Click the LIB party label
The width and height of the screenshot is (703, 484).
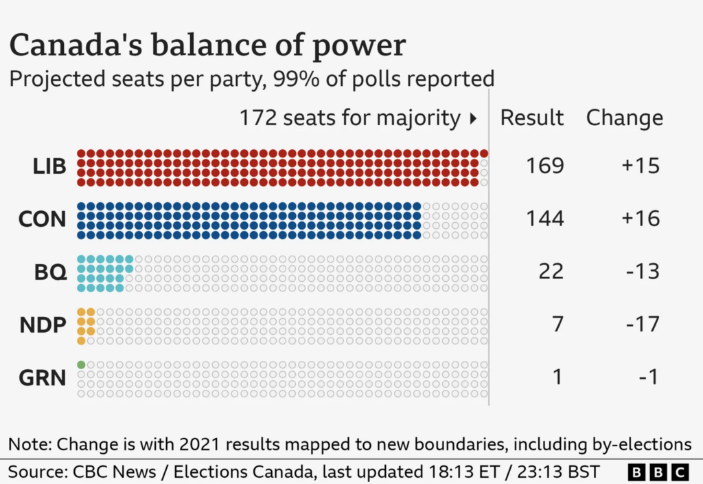[x=49, y=166]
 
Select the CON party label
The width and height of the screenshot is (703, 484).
[x=43, y=219]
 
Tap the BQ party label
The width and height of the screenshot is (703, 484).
[x=50, y=272]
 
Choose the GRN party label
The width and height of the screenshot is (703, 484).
[x=43, y=377]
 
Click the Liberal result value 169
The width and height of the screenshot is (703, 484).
[x=545, y=166]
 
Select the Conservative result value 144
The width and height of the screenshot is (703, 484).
[x=545, y=219]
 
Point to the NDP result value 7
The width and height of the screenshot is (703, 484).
[x=557, y=324]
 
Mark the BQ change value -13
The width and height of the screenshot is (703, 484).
[x=642, y=272]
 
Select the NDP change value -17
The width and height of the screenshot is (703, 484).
[x=642, y=324]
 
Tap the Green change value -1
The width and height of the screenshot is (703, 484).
[x=647, y=377]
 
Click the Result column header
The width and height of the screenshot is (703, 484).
[x=532, y=118]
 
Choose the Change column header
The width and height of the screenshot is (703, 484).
[x=625, y=118]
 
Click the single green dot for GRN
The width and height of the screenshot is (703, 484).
[x=81, y=364]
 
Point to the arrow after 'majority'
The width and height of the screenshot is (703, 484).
[x=472, y=119]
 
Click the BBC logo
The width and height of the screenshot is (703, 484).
[x=658, y=472]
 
